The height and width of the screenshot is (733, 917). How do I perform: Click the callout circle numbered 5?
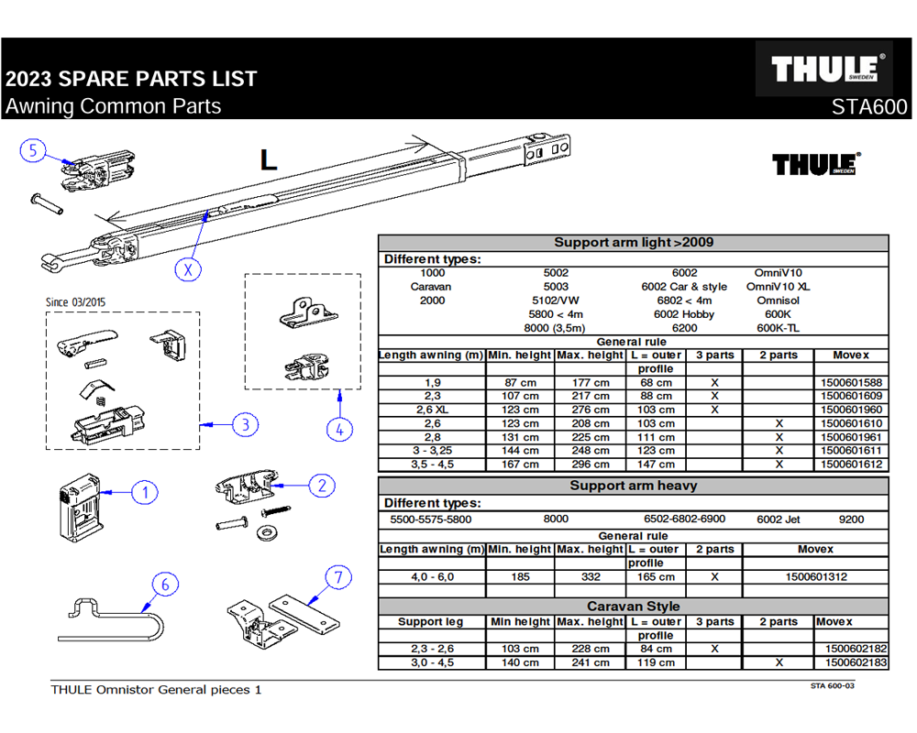click(33, 151)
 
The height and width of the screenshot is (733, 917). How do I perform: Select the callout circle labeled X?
click(189, 270)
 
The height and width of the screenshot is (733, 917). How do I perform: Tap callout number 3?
click(244, 424)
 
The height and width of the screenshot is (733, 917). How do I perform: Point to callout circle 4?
click(338, 429)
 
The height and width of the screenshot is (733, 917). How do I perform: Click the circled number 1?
click(144, 493)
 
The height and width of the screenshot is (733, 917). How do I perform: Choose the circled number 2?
click(321, 486)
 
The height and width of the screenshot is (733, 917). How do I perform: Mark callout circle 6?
click(165, 584)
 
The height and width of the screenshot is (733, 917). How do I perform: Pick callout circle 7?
click(338, 577)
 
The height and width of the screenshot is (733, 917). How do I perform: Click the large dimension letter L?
click(268, 160)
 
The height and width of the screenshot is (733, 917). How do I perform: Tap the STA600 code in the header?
click(868, 106)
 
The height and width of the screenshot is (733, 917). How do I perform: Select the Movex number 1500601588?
click(851, 382)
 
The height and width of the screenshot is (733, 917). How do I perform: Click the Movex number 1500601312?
click(815, 577)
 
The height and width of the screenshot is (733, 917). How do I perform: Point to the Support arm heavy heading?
click(633, 486)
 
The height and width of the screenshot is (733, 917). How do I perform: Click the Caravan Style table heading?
click(633, 607)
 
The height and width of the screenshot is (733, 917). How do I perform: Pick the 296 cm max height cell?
click(590, 465)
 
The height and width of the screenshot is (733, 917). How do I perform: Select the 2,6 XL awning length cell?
click(432, 410)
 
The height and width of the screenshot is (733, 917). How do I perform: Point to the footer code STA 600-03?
click(832, 684)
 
